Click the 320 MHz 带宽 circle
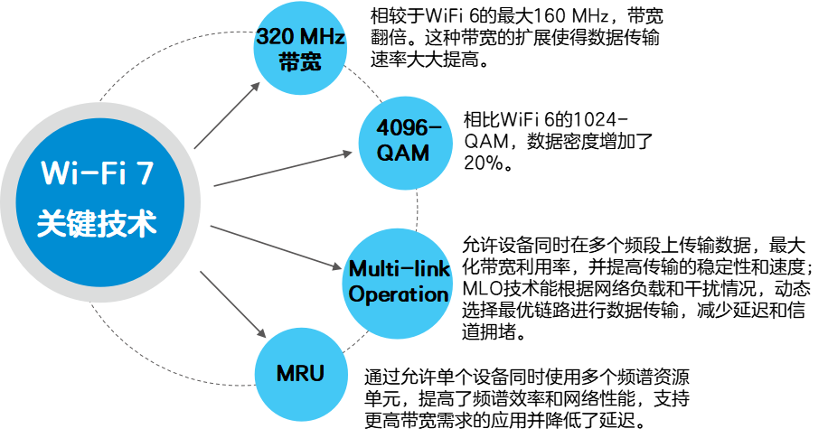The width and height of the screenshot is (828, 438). pos(300,50)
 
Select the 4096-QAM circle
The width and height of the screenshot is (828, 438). pos(403,139)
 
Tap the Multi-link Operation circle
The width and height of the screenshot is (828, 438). pos(399,281)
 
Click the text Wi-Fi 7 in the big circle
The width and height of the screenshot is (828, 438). pos(97,172)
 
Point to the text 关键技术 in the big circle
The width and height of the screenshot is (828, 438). pos(97,223)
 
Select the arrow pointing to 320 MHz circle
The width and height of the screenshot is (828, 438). pos(227,115)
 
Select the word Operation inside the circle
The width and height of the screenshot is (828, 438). pos(399,294)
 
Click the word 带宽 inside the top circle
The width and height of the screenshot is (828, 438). pos(300,62)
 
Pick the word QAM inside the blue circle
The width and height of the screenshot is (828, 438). pos(403,153)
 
